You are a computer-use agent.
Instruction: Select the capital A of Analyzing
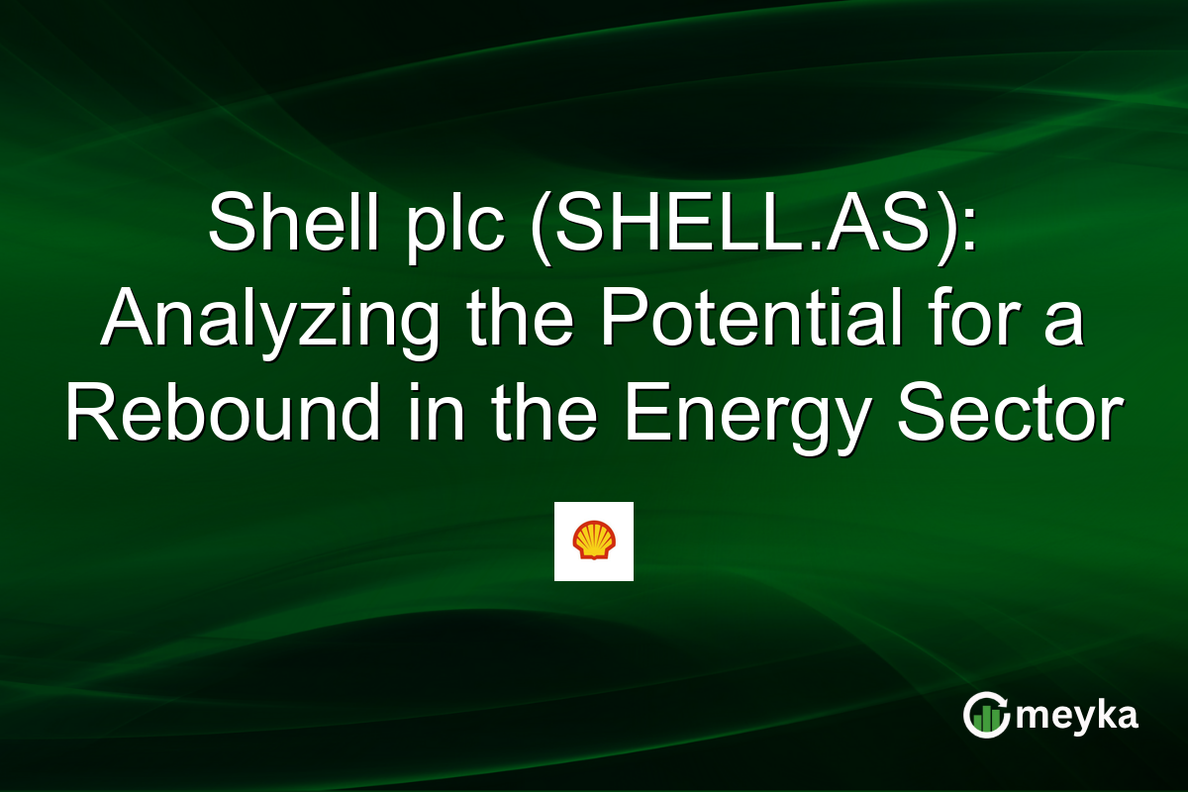pyautogui.click(x=126, y=319)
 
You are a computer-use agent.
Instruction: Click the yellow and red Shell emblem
pyautogui.click(x=593, y=541)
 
